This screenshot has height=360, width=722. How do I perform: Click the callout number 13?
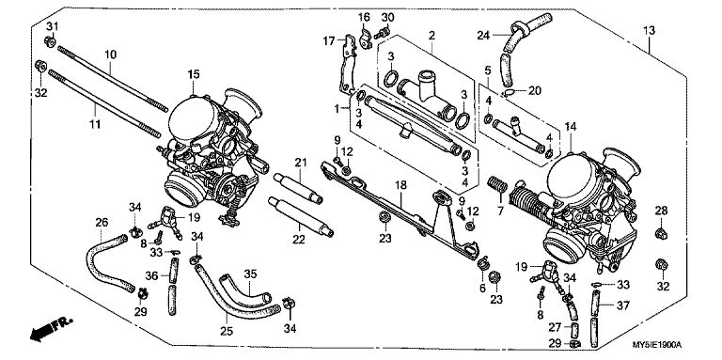(x=649, y=31)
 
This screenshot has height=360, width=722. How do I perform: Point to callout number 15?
(x=194, y=73)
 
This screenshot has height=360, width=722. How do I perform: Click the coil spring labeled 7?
(x=497, y=185)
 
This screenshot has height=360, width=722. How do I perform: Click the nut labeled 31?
(x=50, y=42)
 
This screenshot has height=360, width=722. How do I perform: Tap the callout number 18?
(x=401, y=185)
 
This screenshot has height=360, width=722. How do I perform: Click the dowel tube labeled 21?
(x=298, y=187)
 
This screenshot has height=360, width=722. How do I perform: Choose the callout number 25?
(x=227, y=331)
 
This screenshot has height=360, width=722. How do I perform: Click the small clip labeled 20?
(x=509, y=93)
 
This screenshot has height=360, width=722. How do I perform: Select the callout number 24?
(x=483, y=35)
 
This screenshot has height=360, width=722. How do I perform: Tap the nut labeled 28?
(x=661, y=233)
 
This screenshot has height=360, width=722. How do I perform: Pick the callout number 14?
(x=571, y=127)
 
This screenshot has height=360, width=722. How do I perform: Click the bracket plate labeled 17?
(x=347, y=65)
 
